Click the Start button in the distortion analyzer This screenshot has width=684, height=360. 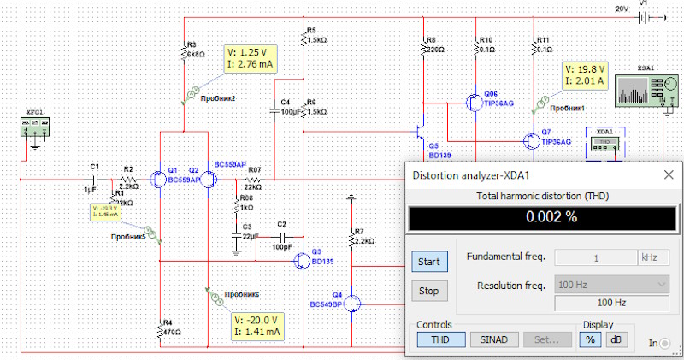point(428,261)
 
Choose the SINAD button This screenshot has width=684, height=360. point(493,339)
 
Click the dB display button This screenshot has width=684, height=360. point(616,339)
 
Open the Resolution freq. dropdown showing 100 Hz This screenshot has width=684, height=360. point(610,284)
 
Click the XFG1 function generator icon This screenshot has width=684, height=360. point(35,128)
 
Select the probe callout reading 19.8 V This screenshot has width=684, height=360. point(584,74)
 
